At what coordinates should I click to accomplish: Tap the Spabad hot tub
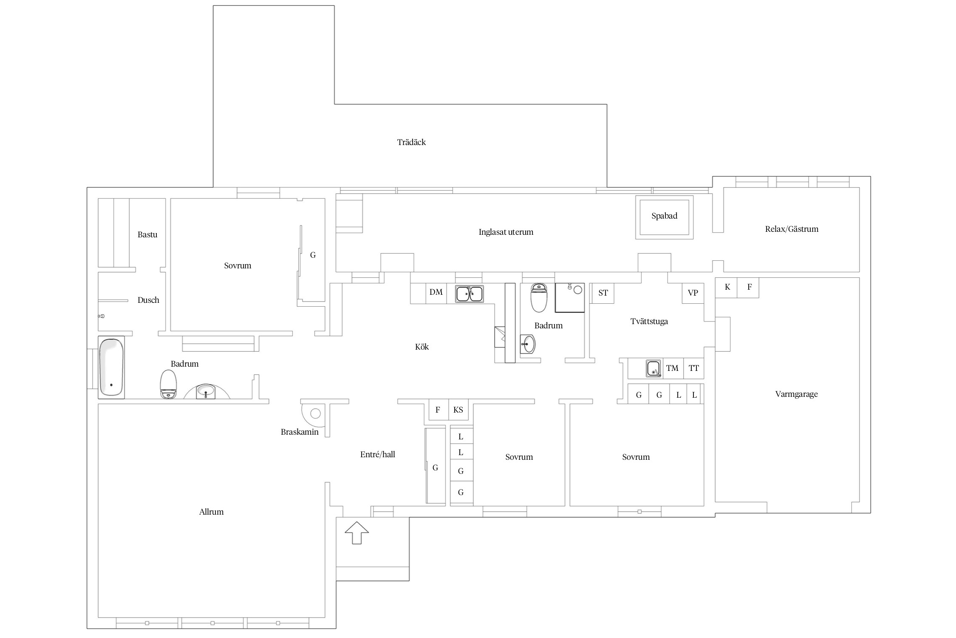[x=664, y=217]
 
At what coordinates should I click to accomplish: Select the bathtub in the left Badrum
[x=111, y=367]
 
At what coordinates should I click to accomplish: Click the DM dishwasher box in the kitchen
[x=436, y=293]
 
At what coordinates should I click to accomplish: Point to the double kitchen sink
[x=469, y=294]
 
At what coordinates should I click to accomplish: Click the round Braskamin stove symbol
[x=315, y=413]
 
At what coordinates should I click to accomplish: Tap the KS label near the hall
[x=458, y=410]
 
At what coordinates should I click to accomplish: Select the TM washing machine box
[x=673, y=368]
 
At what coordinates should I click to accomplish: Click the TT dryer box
[x=693, y=368]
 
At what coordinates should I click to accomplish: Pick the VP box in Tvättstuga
[x=693, y=293]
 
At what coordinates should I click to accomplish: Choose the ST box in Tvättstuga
[x=603, y=293]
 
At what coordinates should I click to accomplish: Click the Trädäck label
[x=411, y=142]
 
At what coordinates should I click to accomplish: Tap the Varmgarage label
[x=796, y=394]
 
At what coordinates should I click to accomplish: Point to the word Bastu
[x=147, y=235]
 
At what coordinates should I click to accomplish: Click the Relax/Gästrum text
[x=792, y=229]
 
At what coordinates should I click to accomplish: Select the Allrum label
[x=211, y=512]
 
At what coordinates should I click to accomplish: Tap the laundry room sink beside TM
[x=653, y=368]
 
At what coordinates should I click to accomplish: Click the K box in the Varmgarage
[x=727, y=288]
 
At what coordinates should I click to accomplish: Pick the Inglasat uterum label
[x=506, y=232]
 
